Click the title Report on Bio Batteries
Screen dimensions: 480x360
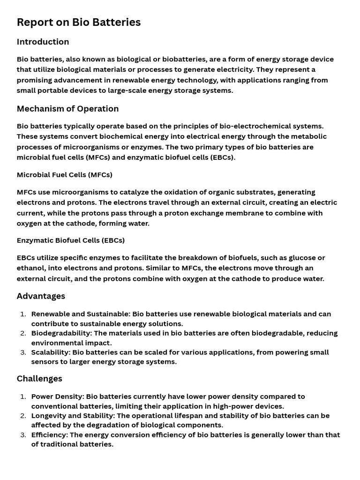[x=79, y=22]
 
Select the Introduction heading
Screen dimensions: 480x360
[x=43, y=42]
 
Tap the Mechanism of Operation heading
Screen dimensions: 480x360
[x=67, y=109]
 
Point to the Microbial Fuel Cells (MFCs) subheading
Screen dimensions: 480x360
[x=64, y=175]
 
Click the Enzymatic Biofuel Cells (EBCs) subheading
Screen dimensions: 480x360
[x=70, y=240]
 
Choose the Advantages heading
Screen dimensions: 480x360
[x=41, y=296]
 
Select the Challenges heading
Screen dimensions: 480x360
[x=39, y=378]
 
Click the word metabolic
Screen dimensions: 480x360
[x=310, y=136]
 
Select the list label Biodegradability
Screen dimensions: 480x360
[x=61, y=333]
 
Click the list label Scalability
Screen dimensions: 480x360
[x=50, y=352]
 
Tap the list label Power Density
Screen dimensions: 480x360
[x=57, y=397]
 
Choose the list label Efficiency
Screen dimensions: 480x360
[x=49, y=435]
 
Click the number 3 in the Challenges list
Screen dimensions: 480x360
[x=23, y=435]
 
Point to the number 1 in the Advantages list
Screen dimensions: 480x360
[x=23, y=314]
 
